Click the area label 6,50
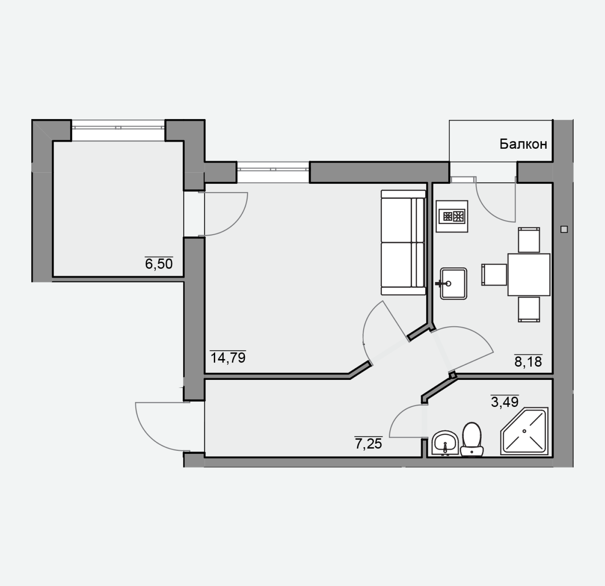click(158, 264)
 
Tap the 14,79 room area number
click(228, 358)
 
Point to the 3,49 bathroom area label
click(505, 402)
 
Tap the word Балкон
click(523, 144)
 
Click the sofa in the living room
click(403, 242)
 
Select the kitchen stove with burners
click(452, 216)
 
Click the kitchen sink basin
click(453, 284)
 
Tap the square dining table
click(529, 275)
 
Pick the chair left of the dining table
click(494, 275)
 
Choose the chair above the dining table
click(529, 240)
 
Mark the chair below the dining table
click(529, 309)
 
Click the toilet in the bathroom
click(472, 440)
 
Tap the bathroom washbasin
click(445, 443)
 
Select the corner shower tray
click(524, 432)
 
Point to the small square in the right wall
click(564, 229)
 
